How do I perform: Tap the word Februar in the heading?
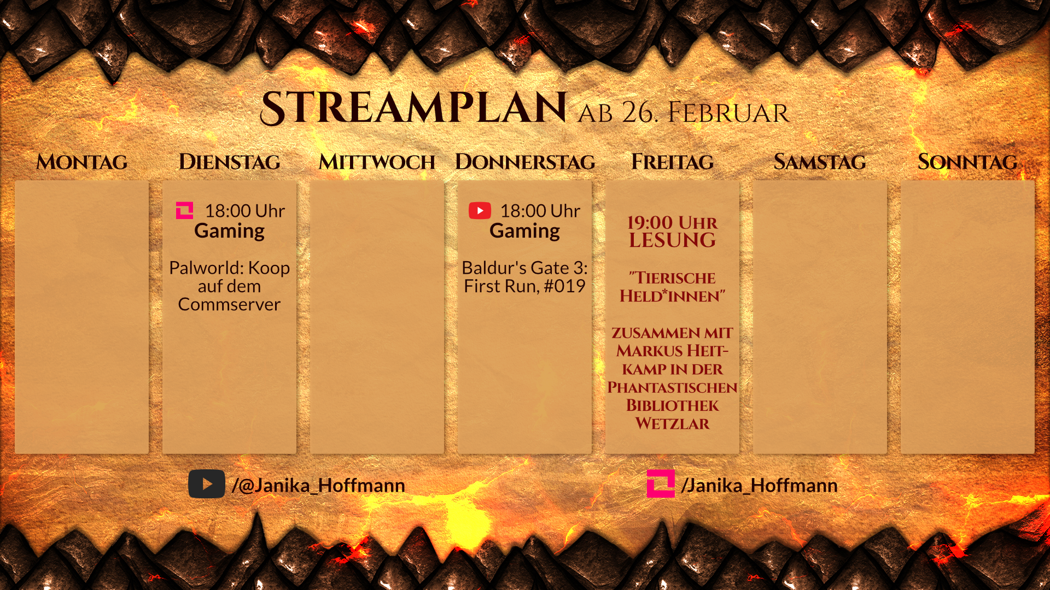[728, 113]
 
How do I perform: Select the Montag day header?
[81, 162]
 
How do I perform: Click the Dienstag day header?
[230, 162]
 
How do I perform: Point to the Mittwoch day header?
[377, 162]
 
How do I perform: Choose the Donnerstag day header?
[525, 162]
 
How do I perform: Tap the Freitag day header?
[672, 162]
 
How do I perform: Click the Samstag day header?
[820, 162]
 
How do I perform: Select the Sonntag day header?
[967, 162]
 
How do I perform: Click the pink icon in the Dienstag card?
[184, 210]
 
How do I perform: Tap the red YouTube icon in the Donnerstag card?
[480, 210]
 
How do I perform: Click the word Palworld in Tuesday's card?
[206, 268]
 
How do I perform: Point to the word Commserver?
[229, 304]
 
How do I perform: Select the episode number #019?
[564, 286]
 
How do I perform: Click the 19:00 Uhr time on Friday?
[672, 222]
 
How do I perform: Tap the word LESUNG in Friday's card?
[672, 240]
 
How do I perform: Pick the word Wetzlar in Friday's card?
[672, 423]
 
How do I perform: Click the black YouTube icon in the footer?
[207, 484]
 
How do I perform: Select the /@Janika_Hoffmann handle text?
[318, 485]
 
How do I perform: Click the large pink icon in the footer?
[661, 483]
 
